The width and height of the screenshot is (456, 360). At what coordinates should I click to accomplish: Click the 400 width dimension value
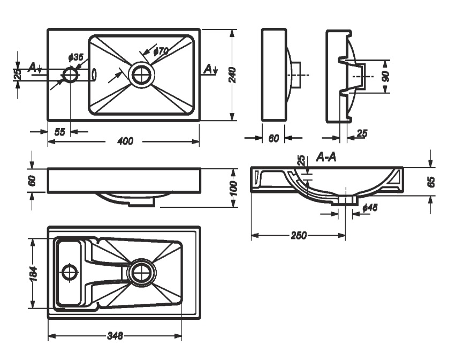pyautogui.click(x=125, y=141)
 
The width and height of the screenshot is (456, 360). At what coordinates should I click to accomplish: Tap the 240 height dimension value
pyautogui.click(x=231, y=74)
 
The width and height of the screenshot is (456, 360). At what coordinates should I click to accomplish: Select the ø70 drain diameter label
pyautogui.click(x=161, y=51)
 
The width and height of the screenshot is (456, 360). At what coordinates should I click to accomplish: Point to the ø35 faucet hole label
pyautogui.click(x=76, y=57)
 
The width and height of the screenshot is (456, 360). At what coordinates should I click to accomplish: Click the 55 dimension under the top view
pyautogui.click(x=59, y=131)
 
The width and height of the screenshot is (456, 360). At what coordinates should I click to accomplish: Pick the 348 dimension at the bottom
pyautogui.click(x=116, y=336)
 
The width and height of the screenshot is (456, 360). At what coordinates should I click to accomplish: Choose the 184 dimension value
pyautogui.click(x=33, y=273)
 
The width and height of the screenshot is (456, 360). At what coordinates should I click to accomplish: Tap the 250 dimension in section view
pyautogui.click(x=299, y=236)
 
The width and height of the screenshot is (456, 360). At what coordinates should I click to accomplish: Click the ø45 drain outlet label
pyautogui.click(x=370, y=208)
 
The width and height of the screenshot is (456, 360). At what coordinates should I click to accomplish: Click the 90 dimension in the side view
pyautogui.click(x=385, y=76)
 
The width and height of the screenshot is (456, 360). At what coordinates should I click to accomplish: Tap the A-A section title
pyautogui.click(x=326, y=157)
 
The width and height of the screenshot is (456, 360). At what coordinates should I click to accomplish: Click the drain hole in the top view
pyautogui.click(x=141, y=74)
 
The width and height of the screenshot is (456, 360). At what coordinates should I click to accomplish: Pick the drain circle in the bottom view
pyautogui.click(x=141, y=273)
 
